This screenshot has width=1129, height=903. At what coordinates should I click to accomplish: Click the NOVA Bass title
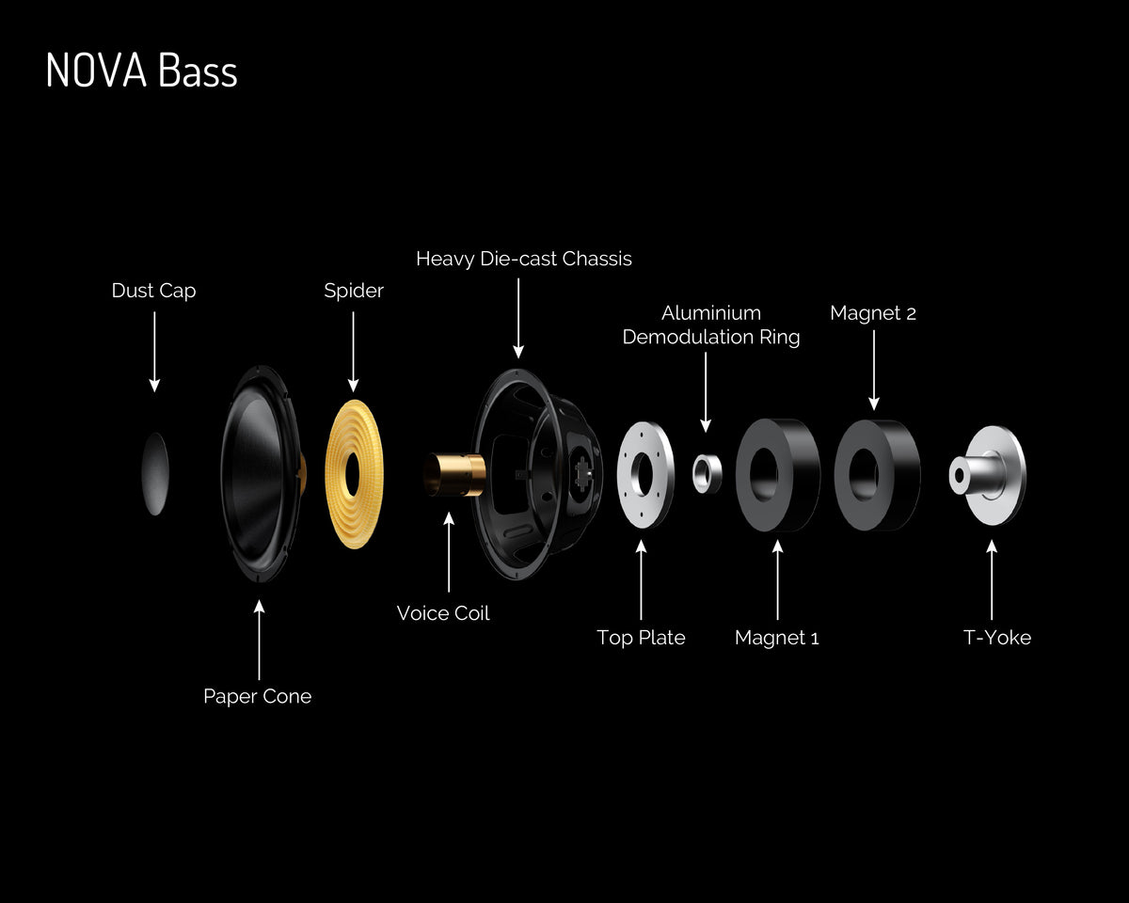click(x=142, y=70)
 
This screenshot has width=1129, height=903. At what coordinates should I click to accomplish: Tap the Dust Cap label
click(x=153, y=290)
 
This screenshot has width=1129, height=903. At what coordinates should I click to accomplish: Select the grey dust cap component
click(x=155, y=474)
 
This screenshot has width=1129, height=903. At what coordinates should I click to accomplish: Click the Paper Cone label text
click(x=257, y=696)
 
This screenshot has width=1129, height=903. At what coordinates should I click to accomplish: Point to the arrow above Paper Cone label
click(x=259, y=640)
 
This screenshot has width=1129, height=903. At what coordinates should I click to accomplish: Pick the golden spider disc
click(x=355, y=474)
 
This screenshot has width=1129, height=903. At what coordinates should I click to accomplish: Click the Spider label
click(x=354, y=290)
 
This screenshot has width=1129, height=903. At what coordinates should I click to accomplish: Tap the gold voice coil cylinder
click(x=454, y=474)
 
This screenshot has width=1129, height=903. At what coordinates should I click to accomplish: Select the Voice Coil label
click(x=443, y=613)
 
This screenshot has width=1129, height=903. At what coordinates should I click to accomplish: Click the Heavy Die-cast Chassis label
click(x=524, y=259)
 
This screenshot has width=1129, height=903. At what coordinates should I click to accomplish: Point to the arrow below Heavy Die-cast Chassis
click(x=518, y=318)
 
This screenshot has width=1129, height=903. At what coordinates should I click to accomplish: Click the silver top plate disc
click(x=645, y=474)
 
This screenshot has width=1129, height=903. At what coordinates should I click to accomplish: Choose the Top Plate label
click(x=641, y=638)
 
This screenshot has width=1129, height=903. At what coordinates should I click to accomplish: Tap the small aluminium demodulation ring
click(x=708, y=474)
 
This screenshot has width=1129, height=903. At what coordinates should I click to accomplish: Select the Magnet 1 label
click(x=776, y=638)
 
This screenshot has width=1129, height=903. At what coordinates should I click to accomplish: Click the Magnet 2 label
click(x=873, y=313)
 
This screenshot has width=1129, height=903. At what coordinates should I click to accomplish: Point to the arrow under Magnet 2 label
click(x=874, y=370)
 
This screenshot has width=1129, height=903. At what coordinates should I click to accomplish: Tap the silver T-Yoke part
click(x=987, y=475)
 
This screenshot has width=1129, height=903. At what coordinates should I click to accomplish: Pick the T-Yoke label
click(x=997, y=638)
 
